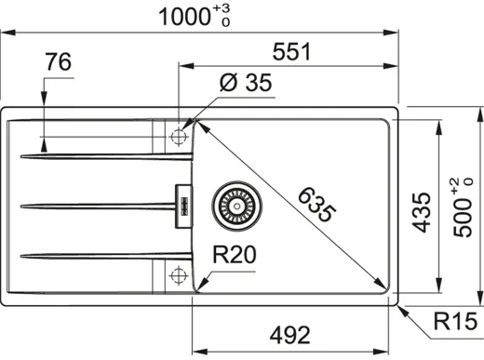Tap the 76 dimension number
[58, 63]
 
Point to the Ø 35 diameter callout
[245, 84]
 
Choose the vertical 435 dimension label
[422, 212]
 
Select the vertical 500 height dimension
[463, 212]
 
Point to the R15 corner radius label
[453, 323]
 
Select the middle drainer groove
[93, 204]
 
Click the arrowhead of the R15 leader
[400, 306]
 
